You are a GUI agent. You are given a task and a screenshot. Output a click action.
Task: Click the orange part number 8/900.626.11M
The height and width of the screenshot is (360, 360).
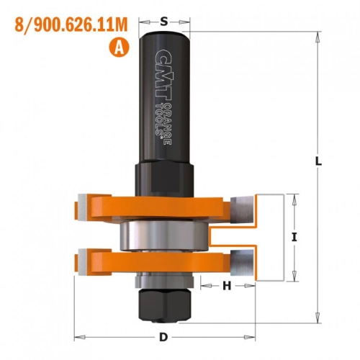click(71, 25)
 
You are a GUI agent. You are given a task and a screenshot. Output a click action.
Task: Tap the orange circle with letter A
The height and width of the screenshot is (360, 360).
click(120, 48)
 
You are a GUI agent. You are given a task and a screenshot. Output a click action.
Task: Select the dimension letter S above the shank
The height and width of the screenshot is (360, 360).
click(164, 22)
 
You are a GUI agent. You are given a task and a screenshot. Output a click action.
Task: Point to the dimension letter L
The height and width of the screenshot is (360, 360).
click(318, 161)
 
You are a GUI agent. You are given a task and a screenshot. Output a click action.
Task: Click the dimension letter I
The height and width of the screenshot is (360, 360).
click(294, 238)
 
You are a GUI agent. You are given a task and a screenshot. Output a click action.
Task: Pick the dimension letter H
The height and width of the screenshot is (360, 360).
click(227, 286)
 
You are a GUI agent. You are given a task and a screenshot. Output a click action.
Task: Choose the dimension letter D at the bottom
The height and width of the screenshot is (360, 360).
click(163, 337)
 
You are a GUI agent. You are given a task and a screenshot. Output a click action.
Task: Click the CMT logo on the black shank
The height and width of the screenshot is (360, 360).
click(163, 74)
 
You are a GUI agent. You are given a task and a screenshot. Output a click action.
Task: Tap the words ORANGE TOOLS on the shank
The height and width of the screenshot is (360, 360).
click(163, 125)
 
